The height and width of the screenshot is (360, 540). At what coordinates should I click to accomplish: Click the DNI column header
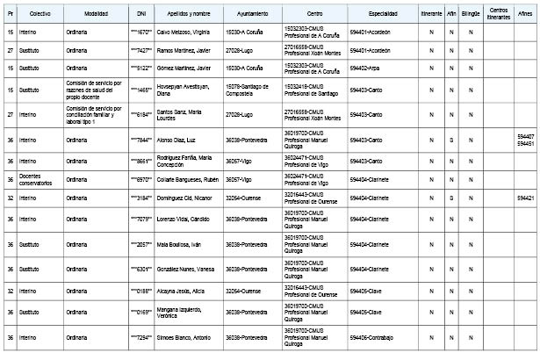[x=142, y=16]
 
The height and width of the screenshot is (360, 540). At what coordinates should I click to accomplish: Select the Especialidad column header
[x=383, y=16]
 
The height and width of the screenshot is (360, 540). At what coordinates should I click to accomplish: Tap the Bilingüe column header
[x=472, y=16]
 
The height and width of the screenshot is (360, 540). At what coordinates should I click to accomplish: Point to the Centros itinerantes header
[x=498, y=16]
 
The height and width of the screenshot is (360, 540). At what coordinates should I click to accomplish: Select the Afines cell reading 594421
[x=525, y=198]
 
